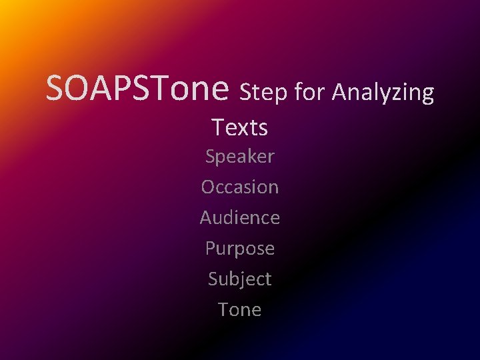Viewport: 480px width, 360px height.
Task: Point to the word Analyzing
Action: coord(383,93)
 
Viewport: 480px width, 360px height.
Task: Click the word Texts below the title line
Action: coord(240,127)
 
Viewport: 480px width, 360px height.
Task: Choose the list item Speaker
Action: coord(240,157)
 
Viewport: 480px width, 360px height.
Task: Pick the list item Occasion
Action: coord(240,187)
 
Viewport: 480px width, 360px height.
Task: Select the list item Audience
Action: coord(240,218)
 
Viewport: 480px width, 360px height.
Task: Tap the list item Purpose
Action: coord(240,249)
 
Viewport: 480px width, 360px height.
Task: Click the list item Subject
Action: coord(240,279)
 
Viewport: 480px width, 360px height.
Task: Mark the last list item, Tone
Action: coord(240,310)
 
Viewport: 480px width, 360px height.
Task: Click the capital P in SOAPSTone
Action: coord(121,89)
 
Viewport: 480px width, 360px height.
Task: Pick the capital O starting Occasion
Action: coord(208,187)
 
